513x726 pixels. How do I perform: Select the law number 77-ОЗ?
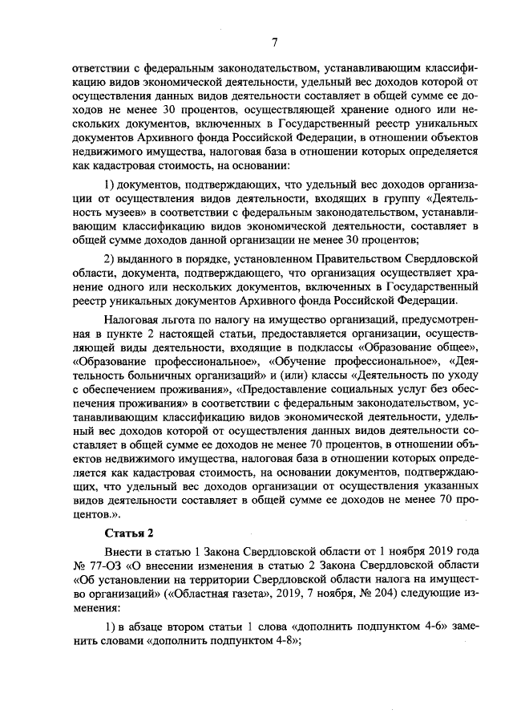(x=104, y=566)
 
